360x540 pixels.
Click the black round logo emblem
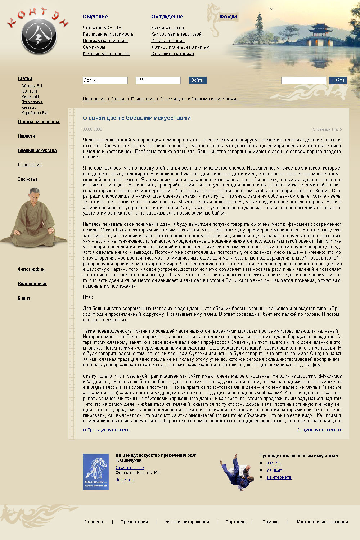click(39, 37)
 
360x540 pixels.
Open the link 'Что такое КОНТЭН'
click(102, 28)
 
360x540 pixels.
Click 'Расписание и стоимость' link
click(108, 34)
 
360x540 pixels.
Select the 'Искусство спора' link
click(168, 41)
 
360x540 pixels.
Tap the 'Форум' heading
click(228, 17)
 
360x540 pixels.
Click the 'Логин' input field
click(105, 80)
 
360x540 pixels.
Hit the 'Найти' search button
click(337, 80)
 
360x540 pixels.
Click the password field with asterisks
click(158, 80)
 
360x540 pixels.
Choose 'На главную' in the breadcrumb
click(94, 99)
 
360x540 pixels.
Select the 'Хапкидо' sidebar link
click(29, 107)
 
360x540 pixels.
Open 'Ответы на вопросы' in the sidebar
click(39, 122)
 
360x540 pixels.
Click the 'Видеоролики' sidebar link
click(32, 284)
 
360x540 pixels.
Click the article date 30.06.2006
click(92, 129)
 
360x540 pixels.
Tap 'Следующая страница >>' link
click(319, 430)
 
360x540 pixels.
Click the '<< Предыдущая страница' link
click(106, 430)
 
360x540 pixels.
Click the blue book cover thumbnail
click(96, 472)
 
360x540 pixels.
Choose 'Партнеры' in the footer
click(236, 522)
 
